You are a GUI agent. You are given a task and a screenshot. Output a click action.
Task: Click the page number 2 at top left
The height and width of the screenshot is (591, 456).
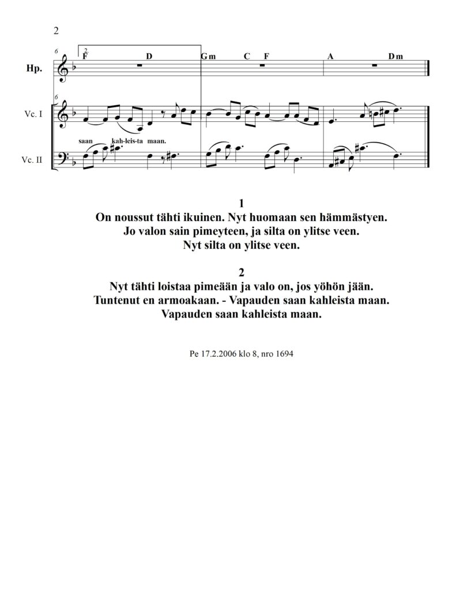(56, 31)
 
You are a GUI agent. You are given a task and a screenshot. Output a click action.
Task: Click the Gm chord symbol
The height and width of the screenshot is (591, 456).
(208, 57)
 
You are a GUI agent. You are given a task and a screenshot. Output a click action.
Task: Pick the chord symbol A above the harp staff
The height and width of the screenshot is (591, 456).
(330, 57)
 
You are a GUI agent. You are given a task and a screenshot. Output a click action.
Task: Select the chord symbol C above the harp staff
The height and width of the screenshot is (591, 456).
(247, 57)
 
